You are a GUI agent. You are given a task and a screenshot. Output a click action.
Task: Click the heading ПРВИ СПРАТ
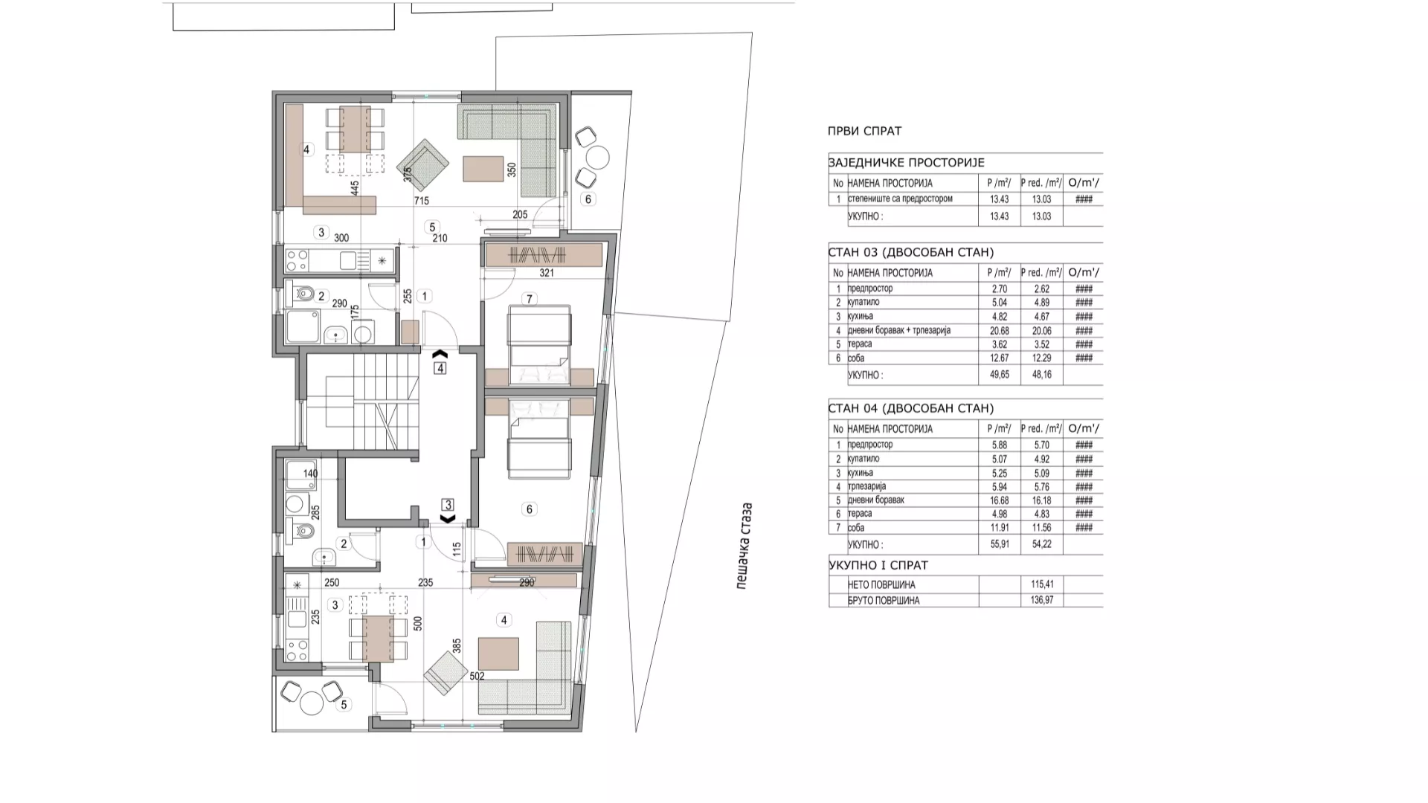click(x=864, y=131)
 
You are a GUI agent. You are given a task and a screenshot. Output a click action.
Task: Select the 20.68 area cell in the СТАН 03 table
click(x=999, y=330)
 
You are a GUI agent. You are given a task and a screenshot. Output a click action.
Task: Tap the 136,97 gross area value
click(x=1042, y=600)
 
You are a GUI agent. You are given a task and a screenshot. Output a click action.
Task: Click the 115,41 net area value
click(x=1042, y=584)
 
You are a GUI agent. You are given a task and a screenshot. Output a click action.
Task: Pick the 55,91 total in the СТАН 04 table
click(x=999, y=544)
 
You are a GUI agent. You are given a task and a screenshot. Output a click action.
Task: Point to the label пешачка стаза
click(x=744, y=546)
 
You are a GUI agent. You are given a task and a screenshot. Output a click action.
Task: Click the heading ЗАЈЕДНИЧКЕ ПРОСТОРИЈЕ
click(x=907, y=163)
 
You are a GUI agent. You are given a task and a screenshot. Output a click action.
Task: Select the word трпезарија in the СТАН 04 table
click(x=866, y=486)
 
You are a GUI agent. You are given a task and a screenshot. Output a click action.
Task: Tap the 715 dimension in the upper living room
click(x=421, y=201)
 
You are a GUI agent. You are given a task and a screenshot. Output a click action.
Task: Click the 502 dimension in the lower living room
click(x=477, y=677)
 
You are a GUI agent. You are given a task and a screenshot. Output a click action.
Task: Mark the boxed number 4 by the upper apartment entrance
click(x=440, y=368)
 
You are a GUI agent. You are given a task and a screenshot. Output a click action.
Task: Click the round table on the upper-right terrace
click(x=597, y=158)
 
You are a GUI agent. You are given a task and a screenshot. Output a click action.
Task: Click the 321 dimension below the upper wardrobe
click(x=547, y=273)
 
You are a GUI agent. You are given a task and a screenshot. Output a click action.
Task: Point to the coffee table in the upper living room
click(x=483, y=169)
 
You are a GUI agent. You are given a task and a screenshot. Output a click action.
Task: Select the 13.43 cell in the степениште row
click(x=999, y=199)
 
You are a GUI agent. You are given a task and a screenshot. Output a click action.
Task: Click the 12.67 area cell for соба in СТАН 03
click(x=999, y=358)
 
